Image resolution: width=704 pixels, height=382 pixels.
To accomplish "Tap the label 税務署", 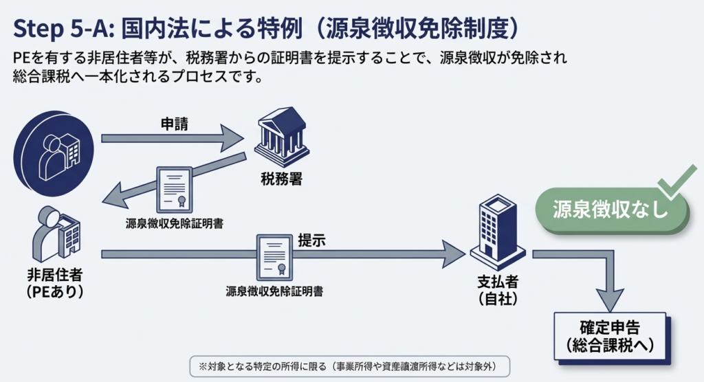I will [281, 179].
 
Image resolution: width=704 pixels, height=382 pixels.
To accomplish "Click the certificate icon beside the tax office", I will [173, 188].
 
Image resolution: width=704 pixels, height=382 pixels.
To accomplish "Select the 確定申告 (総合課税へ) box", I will [610, 336].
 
